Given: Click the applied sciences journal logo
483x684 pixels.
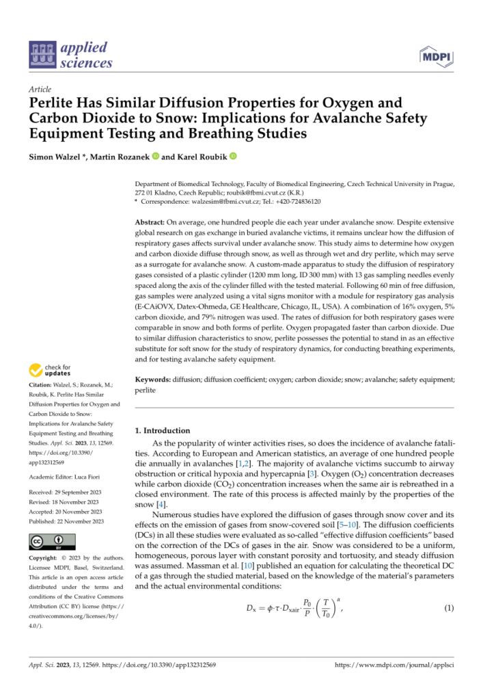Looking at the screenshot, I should (70, 55).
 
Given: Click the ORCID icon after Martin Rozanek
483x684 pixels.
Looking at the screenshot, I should (154, 158).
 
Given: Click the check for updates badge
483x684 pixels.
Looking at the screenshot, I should (51, 372).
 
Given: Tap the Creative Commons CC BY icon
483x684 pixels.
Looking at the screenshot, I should (46, 544).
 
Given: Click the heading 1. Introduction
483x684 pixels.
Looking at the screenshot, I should (162, 431).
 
